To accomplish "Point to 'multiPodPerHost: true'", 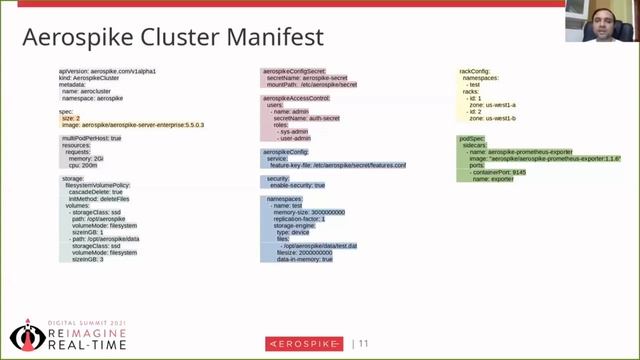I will tap(91, 138).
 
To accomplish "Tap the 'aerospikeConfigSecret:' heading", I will tap(295, 72).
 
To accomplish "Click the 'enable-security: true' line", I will tap(297, 185).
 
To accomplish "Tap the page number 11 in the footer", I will tap(364, 343).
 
